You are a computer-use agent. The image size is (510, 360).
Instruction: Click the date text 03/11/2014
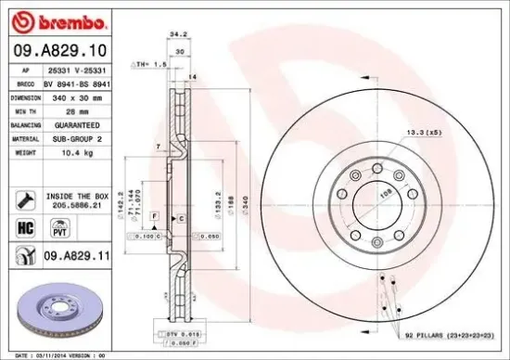(50, 355)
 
